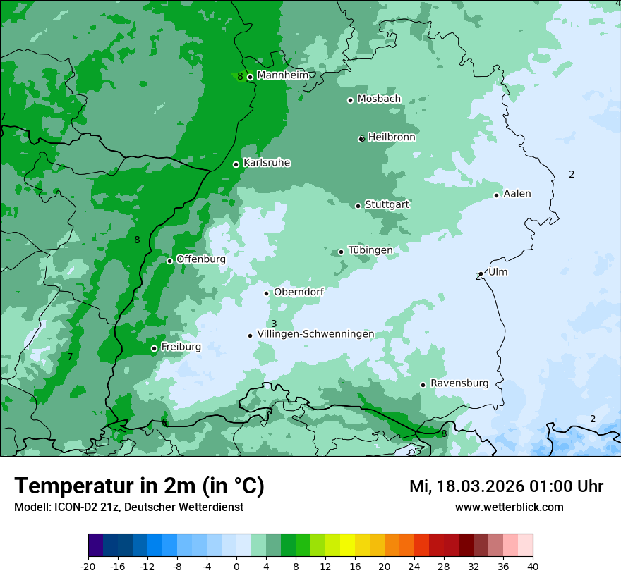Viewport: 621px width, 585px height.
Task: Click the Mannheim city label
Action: [x=282, y=75]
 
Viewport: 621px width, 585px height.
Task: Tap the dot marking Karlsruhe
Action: [x=236, y=164]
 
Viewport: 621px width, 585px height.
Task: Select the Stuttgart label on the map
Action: [x=387, y=204]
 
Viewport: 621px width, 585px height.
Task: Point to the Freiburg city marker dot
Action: [x=154, y=348]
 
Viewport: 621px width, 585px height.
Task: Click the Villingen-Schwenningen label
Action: [x=315, y=334]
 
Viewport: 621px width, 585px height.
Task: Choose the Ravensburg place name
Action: [x=459, y=383]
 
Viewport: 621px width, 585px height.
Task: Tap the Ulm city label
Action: [x=498, y=272]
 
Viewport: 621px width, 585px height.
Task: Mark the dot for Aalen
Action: [x=497, y=195]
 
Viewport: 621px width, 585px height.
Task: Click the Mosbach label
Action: [x=379, y=99]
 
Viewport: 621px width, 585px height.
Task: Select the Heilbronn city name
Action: [x=392, y=137]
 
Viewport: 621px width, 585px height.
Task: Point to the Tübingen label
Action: [x=370, y=250]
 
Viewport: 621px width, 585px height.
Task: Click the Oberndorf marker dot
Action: [x=267, y=293]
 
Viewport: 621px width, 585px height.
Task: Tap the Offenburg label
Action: [x=201, y=259]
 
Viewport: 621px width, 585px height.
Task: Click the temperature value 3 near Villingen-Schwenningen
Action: [x=274, y=324]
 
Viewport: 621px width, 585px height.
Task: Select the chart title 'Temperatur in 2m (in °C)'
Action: [x=139, y=486]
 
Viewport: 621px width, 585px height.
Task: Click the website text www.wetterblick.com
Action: [x=509, y=507]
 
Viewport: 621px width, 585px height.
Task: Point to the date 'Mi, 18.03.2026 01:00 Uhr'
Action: [x=506, y=486]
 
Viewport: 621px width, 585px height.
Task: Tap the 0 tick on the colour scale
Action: [x=236, y=566]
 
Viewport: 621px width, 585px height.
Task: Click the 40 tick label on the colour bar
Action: [x=533, y=566]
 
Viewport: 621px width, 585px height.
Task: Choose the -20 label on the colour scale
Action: [x=88, y=566]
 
